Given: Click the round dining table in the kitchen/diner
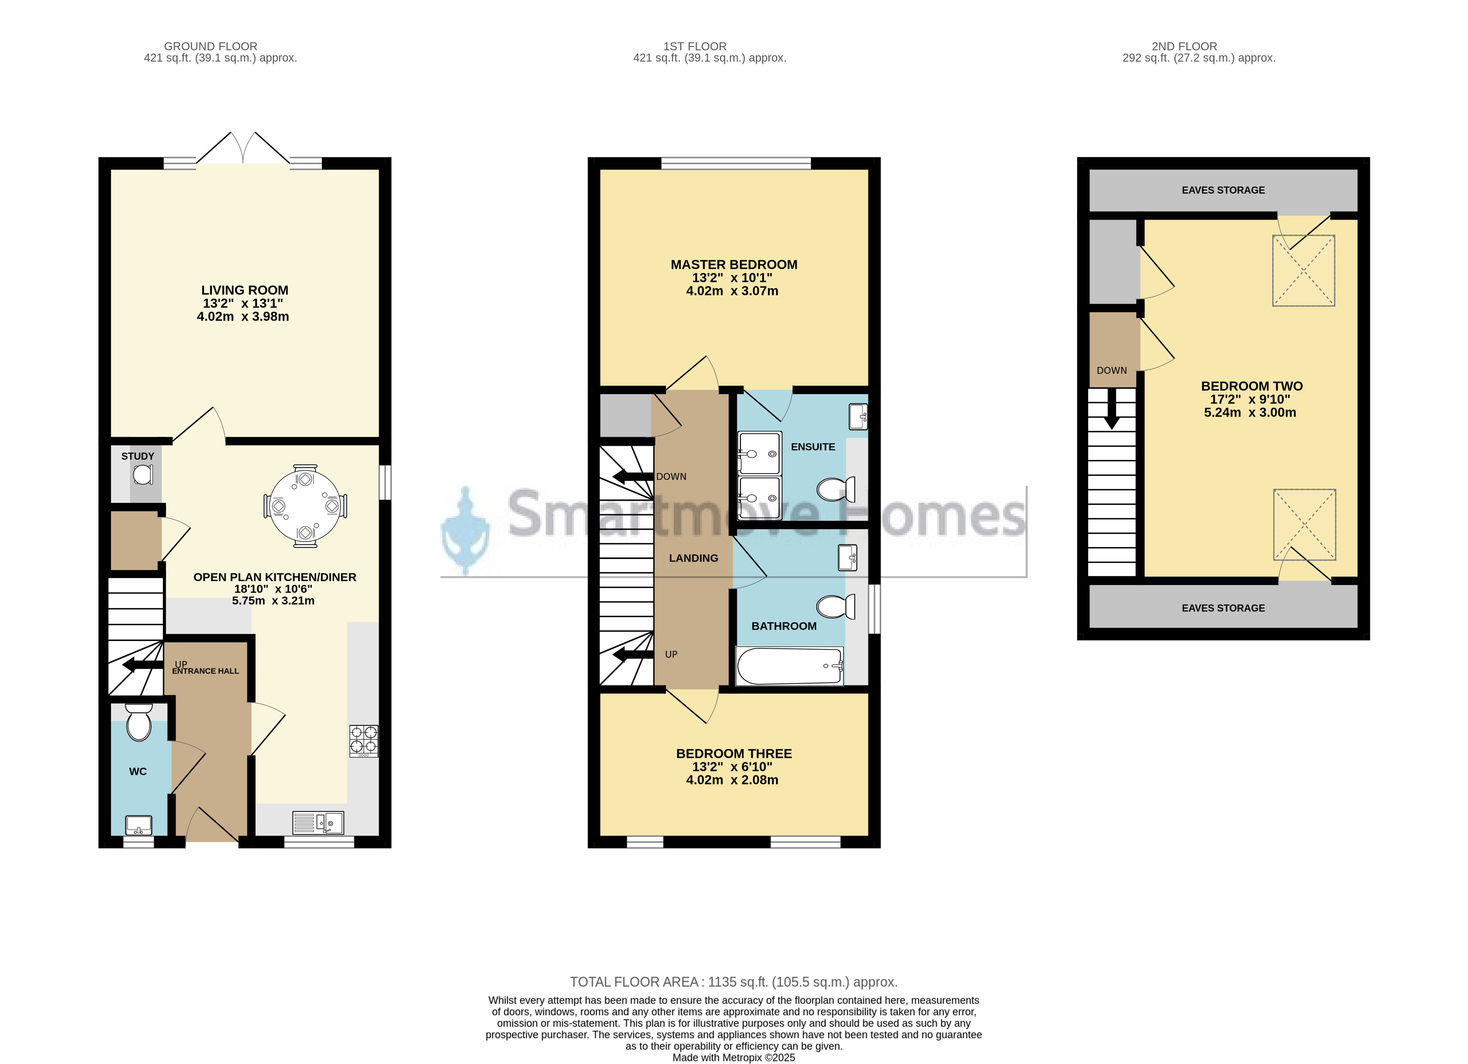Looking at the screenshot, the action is (305, 506).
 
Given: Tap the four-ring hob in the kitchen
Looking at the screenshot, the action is (364, 741).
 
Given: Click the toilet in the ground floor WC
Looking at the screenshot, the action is (139, 723).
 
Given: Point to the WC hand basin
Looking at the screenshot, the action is (139, 825).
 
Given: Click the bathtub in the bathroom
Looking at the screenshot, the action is (789, 666).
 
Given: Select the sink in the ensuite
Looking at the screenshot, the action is (858, 416).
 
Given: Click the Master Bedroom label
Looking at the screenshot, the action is (734, 264).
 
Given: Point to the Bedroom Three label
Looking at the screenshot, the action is (734, 753).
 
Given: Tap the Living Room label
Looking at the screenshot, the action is (244, 290).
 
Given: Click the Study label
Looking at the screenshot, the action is (138, 456).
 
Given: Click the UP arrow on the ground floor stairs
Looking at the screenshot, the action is (142, 664).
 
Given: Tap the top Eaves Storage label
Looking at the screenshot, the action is (1223, 190).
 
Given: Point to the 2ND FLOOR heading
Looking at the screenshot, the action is (1185, 46).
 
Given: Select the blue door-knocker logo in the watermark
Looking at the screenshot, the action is (465, 531).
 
